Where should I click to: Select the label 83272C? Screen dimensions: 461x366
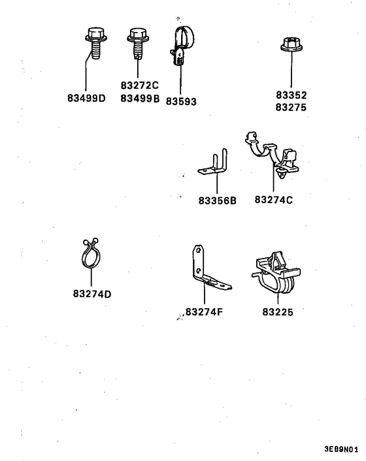pyautogui.click(x=139, y=86)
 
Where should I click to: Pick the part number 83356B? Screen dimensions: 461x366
pyautogui.click(x=217, y=200)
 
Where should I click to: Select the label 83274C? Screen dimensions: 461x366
pyautogui.click(x=273, y=199)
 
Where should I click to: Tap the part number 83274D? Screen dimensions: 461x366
pyautogui.click(x=92, y=293)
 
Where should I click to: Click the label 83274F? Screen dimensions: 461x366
pyautogui.click(x=205, y=311)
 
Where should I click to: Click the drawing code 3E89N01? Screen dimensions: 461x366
pyautogui.click(x=341, y=450)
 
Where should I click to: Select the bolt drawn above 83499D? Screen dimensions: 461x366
pyautogui.click(x=94, y=43)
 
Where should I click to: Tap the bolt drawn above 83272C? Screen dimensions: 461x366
pyautogui.click(x=137, y=42)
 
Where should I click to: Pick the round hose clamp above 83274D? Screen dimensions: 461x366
pyautogui.click(x=92, y=255)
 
